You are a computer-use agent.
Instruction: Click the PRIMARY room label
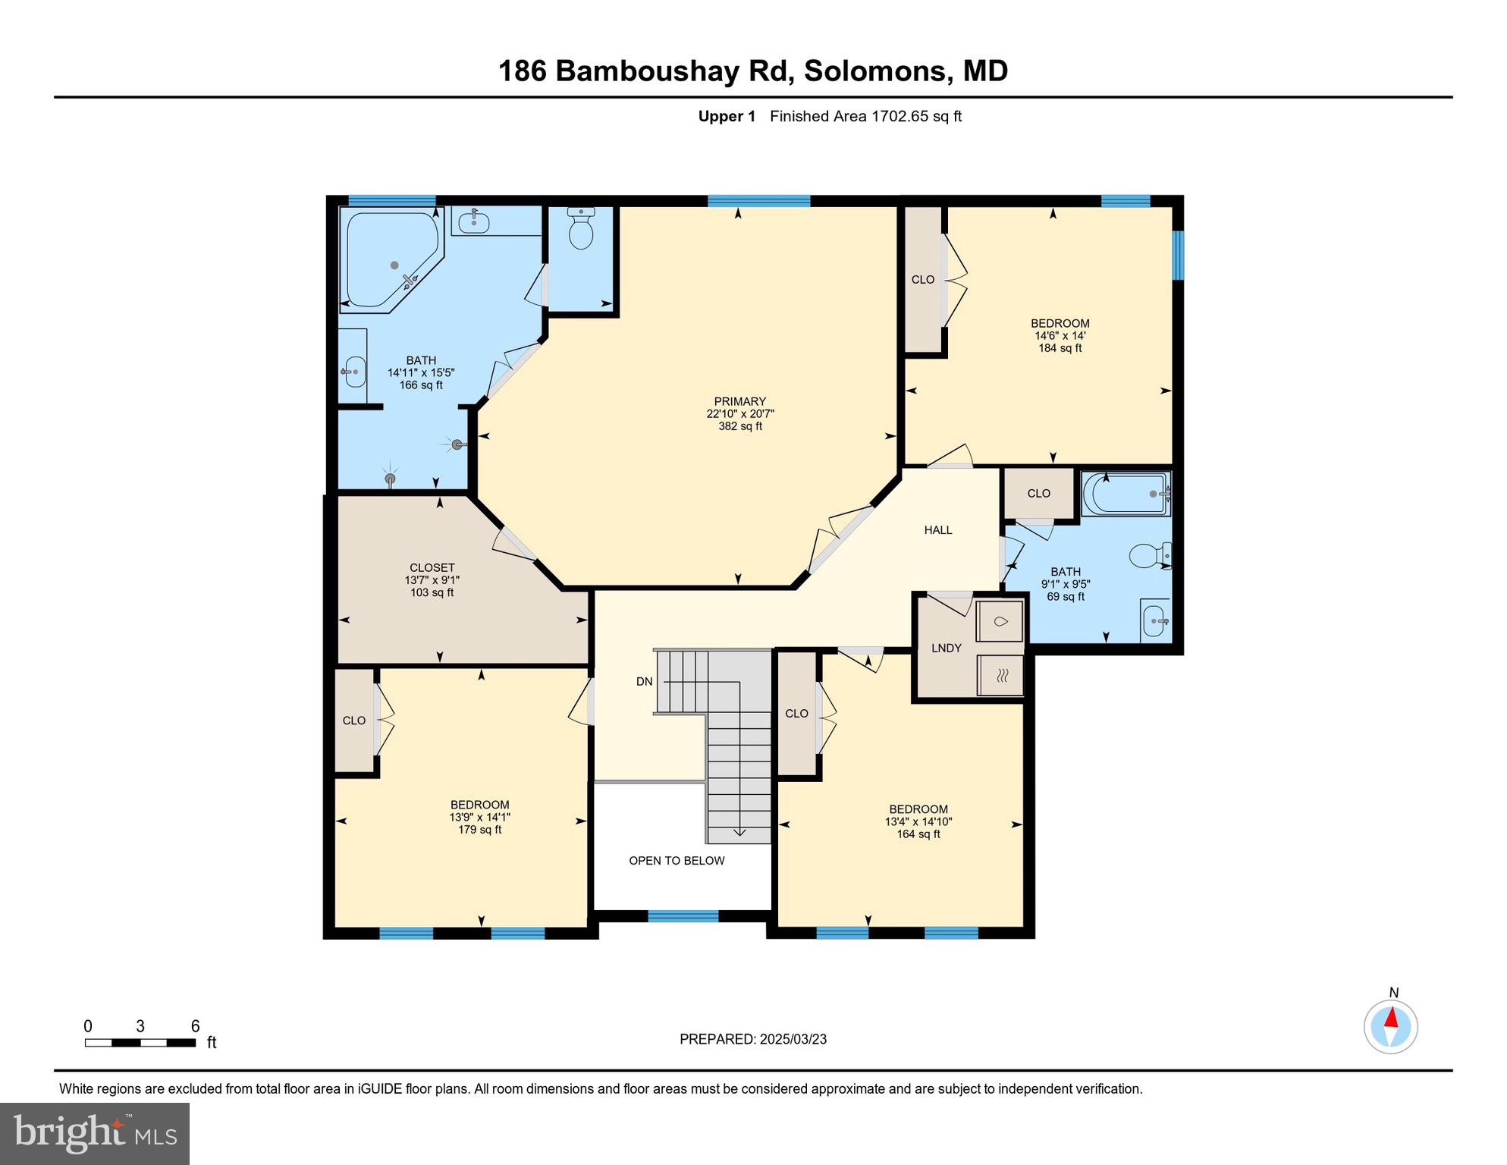(739, 401)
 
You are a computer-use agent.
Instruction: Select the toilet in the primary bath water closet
(581, 231)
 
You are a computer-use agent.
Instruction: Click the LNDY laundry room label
(946, 648)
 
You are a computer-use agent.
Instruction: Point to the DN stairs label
(644, 681)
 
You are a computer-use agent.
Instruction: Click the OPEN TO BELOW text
(677, 860)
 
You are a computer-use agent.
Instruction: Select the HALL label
(937, 530)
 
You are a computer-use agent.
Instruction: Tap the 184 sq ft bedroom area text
(1060, 348)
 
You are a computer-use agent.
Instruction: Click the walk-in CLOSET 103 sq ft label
(432, 567)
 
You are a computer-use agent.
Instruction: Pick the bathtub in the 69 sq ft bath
(1126, 494)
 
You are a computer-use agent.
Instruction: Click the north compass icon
(1390, 1026)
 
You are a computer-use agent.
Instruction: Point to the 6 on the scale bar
(195, 1026)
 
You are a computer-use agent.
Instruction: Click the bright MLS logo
(95, 1133)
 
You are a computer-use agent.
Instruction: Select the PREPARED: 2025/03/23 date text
(752, 1039)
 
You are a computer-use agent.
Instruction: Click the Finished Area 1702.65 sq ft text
(865, 116)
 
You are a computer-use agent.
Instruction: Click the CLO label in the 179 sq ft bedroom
(354, 721)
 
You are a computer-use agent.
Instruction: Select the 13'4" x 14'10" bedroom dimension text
(918, 821)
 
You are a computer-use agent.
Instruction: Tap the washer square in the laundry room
(1000, 622)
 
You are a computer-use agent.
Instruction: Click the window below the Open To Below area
(683, 916)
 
